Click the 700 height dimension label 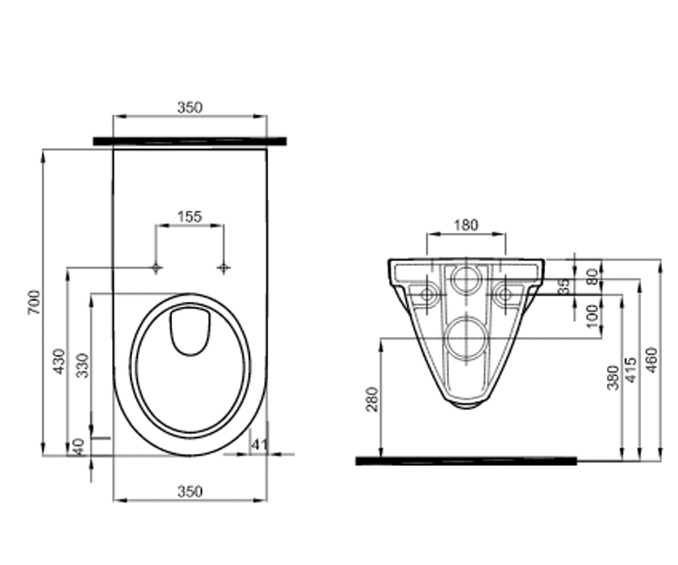tap(34, 302)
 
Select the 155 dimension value tap(190, 216)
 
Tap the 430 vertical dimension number tap(59, 361)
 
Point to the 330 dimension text tap(82, 366)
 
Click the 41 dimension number tap(260, 445)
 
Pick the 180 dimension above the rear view tap(466, 225)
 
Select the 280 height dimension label tap(372, 399)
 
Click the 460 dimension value tap(652, 360)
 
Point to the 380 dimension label tap(613, 377)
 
